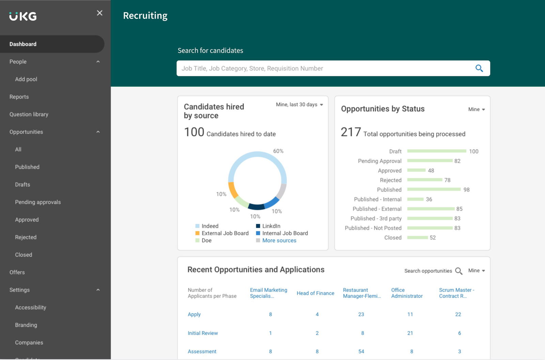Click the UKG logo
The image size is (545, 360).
(23, 16)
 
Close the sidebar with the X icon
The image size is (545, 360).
(99, 13)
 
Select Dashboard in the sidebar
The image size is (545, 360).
(23, 44)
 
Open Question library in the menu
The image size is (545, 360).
(29, 114)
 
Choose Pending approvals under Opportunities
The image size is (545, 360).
(38, 202)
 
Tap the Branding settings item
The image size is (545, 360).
(26, 325)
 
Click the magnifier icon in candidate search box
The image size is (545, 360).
(479, 68)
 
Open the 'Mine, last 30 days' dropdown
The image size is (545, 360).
(299, 105)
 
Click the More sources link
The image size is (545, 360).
(279, 240)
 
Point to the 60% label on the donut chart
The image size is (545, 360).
(278, 151)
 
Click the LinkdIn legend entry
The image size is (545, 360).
(271, 226)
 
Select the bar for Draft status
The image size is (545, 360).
(436, 151)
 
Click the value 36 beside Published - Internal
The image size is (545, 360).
(429, 199)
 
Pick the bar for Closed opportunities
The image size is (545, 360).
(417, 238)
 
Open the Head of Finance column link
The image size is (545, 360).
(315, 293)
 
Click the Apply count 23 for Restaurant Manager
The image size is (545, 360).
(361, 314)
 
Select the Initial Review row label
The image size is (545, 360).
(203, 333)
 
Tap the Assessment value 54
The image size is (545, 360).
(361, 351)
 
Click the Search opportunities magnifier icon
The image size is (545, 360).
(458, 271)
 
